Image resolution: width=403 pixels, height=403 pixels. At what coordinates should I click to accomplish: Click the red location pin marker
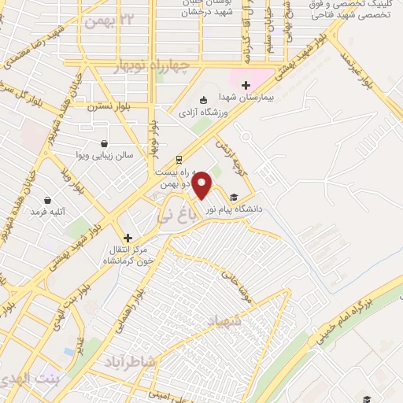[202, 185]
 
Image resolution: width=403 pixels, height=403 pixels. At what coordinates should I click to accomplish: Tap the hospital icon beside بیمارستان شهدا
[246, 85]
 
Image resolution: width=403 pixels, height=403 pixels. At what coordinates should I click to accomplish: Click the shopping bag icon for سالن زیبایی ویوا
[105, 143]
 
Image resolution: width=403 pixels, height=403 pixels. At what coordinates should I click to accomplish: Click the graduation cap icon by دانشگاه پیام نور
[233, 198]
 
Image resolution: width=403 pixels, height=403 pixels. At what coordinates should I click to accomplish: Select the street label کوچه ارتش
[228, 153]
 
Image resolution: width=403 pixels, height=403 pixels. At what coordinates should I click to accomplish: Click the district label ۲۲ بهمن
[111, 18]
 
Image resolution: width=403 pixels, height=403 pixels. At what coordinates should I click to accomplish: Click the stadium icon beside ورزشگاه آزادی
[203, 100]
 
